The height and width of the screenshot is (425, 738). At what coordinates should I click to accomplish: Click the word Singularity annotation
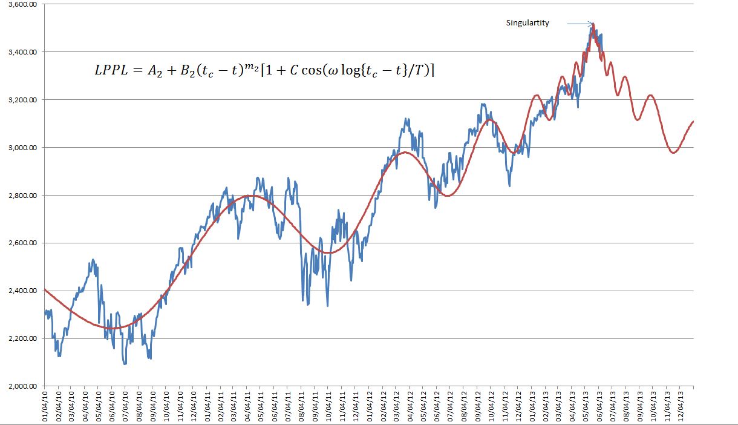[x=527, y=24]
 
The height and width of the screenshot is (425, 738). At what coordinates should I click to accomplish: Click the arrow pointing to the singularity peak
[x=580, y=24]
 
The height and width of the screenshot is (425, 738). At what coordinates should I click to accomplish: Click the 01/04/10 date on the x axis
[x=45, y=406]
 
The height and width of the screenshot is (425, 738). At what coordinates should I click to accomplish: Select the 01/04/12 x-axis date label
[x=370, y=406]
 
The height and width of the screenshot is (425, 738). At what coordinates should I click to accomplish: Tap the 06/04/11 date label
[x=275, y=406]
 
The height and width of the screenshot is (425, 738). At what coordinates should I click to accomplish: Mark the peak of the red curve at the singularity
[x=593, y=24]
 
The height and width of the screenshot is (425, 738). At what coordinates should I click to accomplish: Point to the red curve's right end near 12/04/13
[x=693, y=122]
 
